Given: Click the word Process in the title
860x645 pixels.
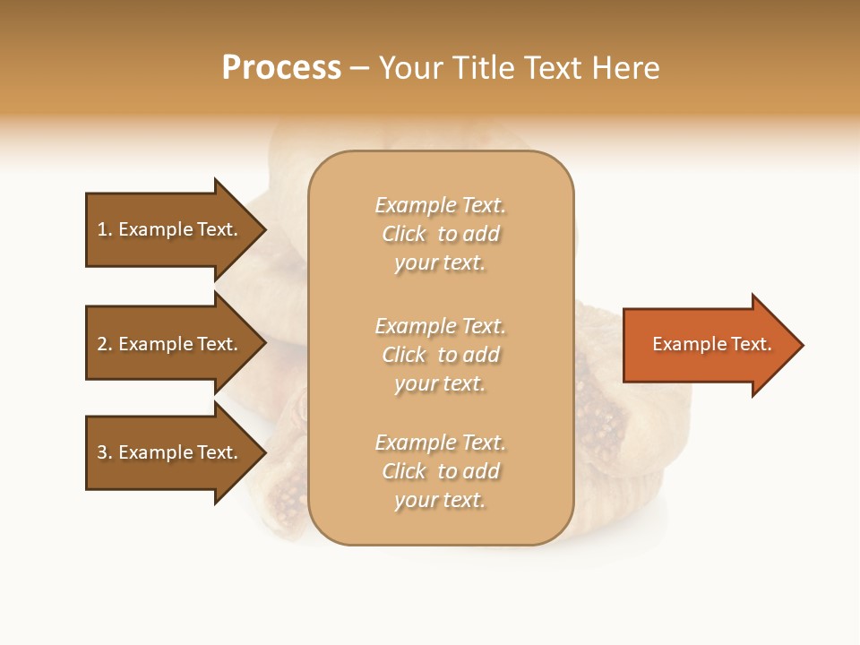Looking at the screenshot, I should point(281,68).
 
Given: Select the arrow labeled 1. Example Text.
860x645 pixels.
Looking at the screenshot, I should point(170,229).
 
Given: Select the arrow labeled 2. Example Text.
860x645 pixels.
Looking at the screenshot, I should point(170,344).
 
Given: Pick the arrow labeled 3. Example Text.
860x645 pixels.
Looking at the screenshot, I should point(170,452).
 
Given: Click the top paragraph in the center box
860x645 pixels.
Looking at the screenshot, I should point(440,234).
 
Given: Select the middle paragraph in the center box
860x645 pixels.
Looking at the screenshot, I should point(440,355).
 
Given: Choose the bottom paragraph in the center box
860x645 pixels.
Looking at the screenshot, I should point(440,471).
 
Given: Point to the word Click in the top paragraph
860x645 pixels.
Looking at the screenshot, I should point(404,234).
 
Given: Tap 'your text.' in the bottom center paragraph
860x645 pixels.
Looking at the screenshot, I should point(440,500).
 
